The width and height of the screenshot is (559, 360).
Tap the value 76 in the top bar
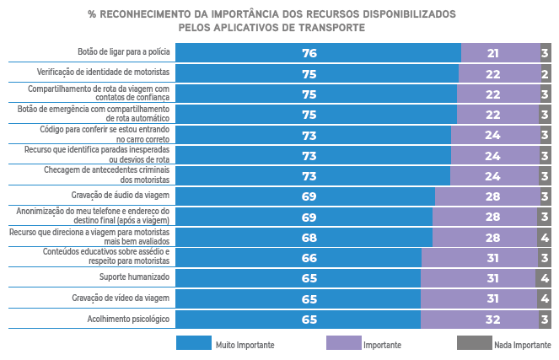tap(309, 52)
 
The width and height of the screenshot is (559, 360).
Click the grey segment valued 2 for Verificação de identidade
tap(546, 73)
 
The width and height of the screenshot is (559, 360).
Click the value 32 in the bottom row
tap(494, 320)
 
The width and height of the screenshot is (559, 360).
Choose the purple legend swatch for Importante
tap(342, 343)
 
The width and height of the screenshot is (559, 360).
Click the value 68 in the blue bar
tap(309, 238)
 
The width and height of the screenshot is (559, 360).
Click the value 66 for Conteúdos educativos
tap(309, 258)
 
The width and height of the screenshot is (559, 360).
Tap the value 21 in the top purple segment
tap(493, 52)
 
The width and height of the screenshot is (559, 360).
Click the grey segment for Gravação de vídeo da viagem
tap(545, 299)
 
